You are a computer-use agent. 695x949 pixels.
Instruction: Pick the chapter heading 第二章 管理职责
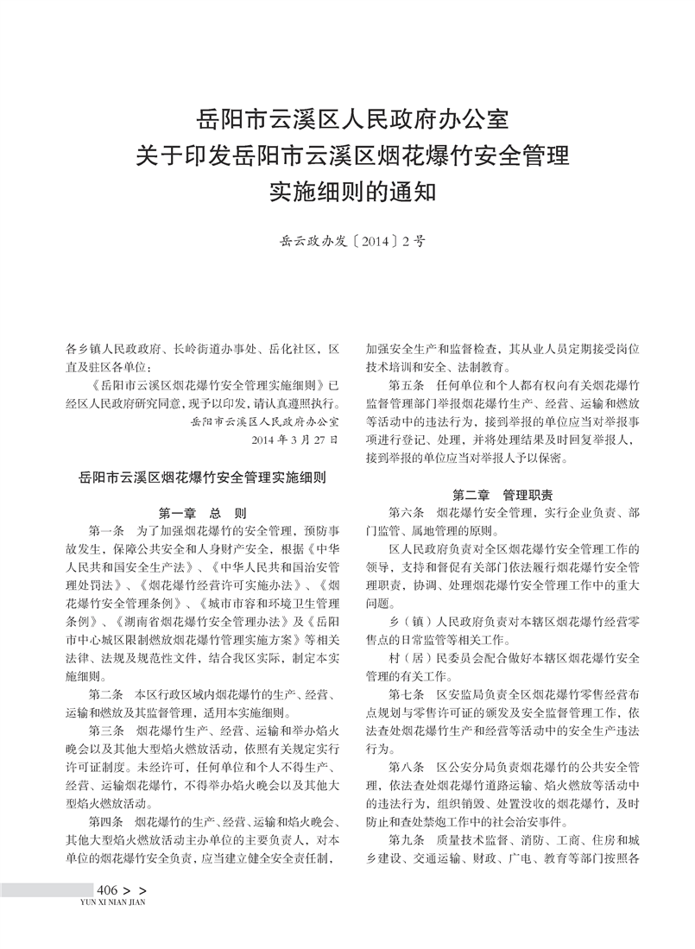(x=502, y=495)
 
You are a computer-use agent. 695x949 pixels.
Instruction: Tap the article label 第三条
(x=107, y=731)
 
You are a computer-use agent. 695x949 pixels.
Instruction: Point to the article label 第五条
(x=408, y=383)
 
